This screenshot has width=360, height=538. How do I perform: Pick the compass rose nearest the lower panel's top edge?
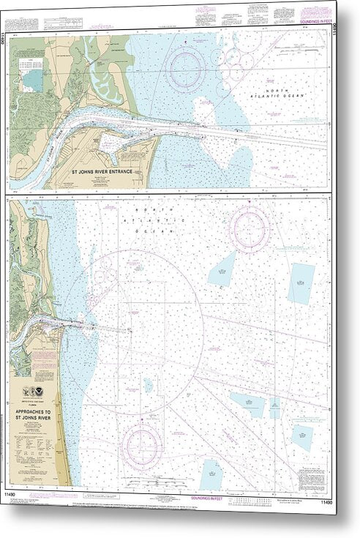tap(251, 228)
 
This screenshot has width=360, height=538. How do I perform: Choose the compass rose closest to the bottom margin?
tap(143, 444)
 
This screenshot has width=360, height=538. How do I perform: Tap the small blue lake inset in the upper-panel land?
tap(32, 78)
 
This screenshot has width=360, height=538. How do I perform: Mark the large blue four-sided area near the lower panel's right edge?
tap(300, 283)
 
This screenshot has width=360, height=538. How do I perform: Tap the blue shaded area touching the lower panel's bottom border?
tap(212, 474)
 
